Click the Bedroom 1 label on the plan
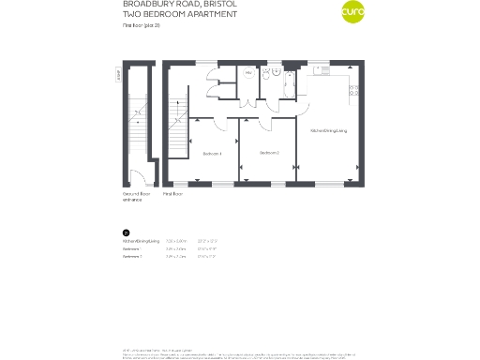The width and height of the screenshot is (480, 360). tap(212, 153)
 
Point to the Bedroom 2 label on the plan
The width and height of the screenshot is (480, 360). tap(270, 152)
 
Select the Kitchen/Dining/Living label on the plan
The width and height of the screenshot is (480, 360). tap(329, 130)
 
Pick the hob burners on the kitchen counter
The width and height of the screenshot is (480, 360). tap(352, 89)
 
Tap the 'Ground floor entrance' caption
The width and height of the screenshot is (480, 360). tap(137, 197)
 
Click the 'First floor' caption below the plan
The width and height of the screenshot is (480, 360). tap(172, 193)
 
